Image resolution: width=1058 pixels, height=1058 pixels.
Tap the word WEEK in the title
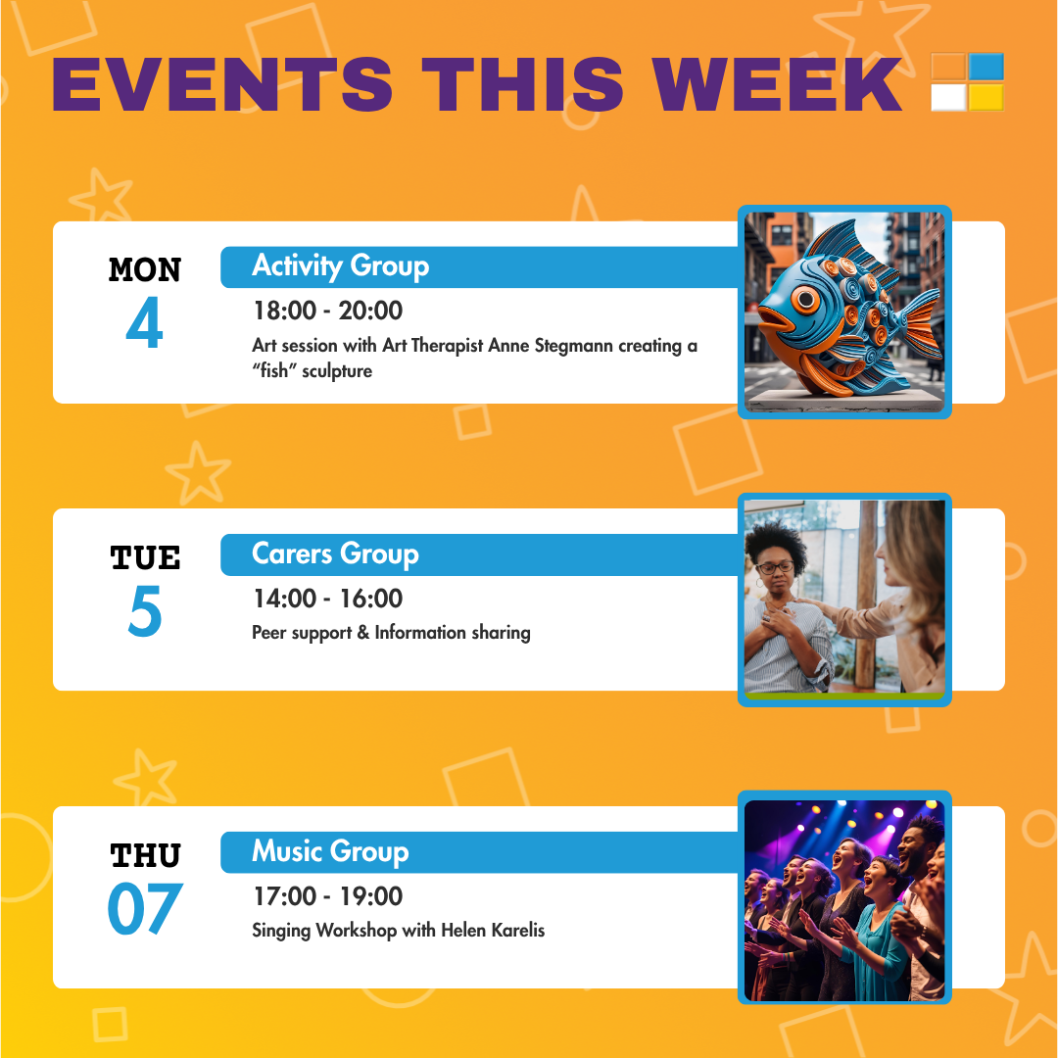click(777, 84)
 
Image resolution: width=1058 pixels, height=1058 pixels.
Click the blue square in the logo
click(986, 67)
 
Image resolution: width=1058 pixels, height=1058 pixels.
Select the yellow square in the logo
click(986, 97)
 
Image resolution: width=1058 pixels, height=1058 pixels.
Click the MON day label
click(145, 270)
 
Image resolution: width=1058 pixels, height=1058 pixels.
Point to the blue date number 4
click(144, 322)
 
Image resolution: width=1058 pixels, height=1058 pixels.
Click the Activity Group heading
click(341, 266)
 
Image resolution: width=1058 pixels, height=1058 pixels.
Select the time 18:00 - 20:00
click(328, 311)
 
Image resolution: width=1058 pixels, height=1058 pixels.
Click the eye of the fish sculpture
click(805, 299)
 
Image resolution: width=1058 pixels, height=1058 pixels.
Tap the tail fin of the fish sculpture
click(920, 324)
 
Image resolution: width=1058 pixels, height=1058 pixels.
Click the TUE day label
click(145, 558)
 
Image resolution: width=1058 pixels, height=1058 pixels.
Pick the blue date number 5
click(145, 610)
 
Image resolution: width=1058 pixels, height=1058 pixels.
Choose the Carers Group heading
click(335, 553)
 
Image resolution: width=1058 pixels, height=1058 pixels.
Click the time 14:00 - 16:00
click(328, 599)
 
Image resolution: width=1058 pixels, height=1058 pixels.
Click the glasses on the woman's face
click(775, 567)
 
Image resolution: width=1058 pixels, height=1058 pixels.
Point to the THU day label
click(145, 856)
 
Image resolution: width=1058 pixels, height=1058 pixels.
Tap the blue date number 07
click(145, 909)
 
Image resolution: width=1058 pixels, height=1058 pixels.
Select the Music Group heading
click(331, 851)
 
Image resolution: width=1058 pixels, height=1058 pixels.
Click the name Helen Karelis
click(493, 931)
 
